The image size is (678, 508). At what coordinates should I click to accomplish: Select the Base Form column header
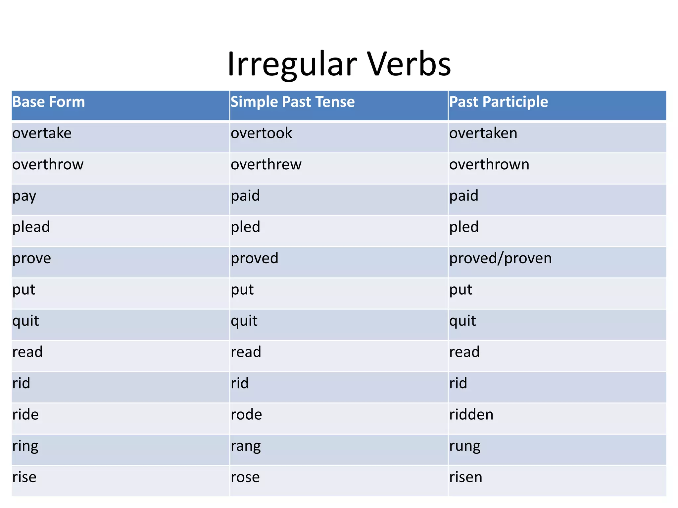point(49,102)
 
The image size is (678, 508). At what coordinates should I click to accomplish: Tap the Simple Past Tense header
point(293,102)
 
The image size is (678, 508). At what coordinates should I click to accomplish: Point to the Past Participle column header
point(499,102)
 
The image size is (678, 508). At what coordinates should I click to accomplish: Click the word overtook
point(262,133)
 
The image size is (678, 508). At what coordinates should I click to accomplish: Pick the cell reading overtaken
point(483,133)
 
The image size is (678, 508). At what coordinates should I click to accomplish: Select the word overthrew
point(266,164)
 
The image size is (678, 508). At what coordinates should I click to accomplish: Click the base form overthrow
point(48,164)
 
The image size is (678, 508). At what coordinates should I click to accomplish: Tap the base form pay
point(24,196)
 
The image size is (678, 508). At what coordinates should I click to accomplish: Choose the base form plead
point(31,227)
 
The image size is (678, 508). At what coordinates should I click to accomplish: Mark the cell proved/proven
point(501,258)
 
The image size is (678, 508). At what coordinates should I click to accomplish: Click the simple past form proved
point(255,258)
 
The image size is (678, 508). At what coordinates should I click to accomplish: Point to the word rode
point(246,415)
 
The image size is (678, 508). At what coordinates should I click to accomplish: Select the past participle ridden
point(471,415)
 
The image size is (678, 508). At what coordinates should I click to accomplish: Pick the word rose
point(245,477)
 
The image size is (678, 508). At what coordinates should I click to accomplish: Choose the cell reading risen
point(466,477)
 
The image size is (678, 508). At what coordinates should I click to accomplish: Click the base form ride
point(25,415)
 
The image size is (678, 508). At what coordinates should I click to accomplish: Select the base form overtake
point(42,133)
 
